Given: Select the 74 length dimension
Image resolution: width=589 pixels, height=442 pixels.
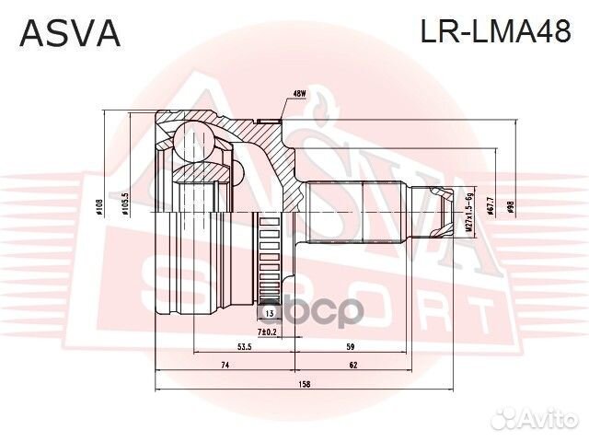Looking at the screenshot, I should [x=224, y=366].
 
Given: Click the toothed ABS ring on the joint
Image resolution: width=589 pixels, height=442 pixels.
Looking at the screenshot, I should [x=269, y=258].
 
